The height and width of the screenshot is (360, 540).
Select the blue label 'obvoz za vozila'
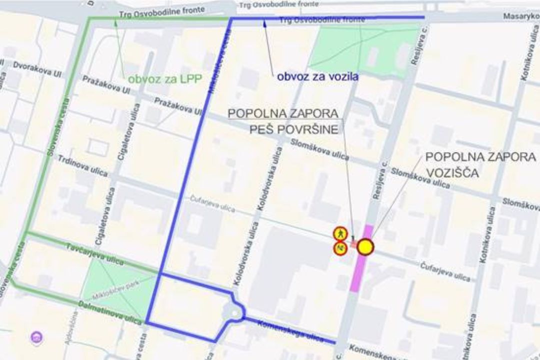(x=317, y=77)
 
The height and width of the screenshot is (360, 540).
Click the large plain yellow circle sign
(x=365, y=246)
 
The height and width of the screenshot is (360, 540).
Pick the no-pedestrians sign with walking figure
(x=340, y=233)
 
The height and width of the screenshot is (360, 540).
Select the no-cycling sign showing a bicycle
(x=340, y=247)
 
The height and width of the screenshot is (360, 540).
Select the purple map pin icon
(x=36, y=338)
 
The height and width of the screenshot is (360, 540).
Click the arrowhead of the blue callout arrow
(x=264, y=22)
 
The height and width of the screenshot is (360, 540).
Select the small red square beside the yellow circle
(x=354, y=244)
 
